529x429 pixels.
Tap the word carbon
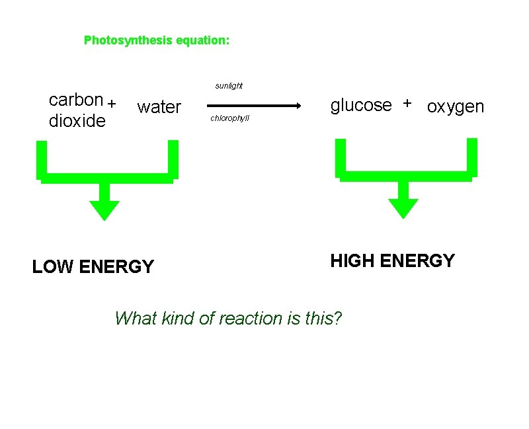point(76,100)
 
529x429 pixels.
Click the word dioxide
point(77,121)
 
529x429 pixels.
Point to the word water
point(159,107)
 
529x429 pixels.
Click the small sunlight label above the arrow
point(229,86)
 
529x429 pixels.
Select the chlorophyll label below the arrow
point(229,119)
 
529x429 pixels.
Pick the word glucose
point(361,104)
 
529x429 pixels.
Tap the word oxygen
point(456,106)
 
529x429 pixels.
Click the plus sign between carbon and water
point(112,103)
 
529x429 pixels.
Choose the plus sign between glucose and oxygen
point(407,103)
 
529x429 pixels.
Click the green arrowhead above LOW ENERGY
point(104,209)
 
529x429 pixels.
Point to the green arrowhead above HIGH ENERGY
point(403,208)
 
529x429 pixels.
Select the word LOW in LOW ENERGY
point(53,267)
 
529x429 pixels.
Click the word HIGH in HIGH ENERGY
point(352,261)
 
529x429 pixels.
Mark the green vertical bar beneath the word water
point(173,159)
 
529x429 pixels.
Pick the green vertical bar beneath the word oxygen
point(472,157)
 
